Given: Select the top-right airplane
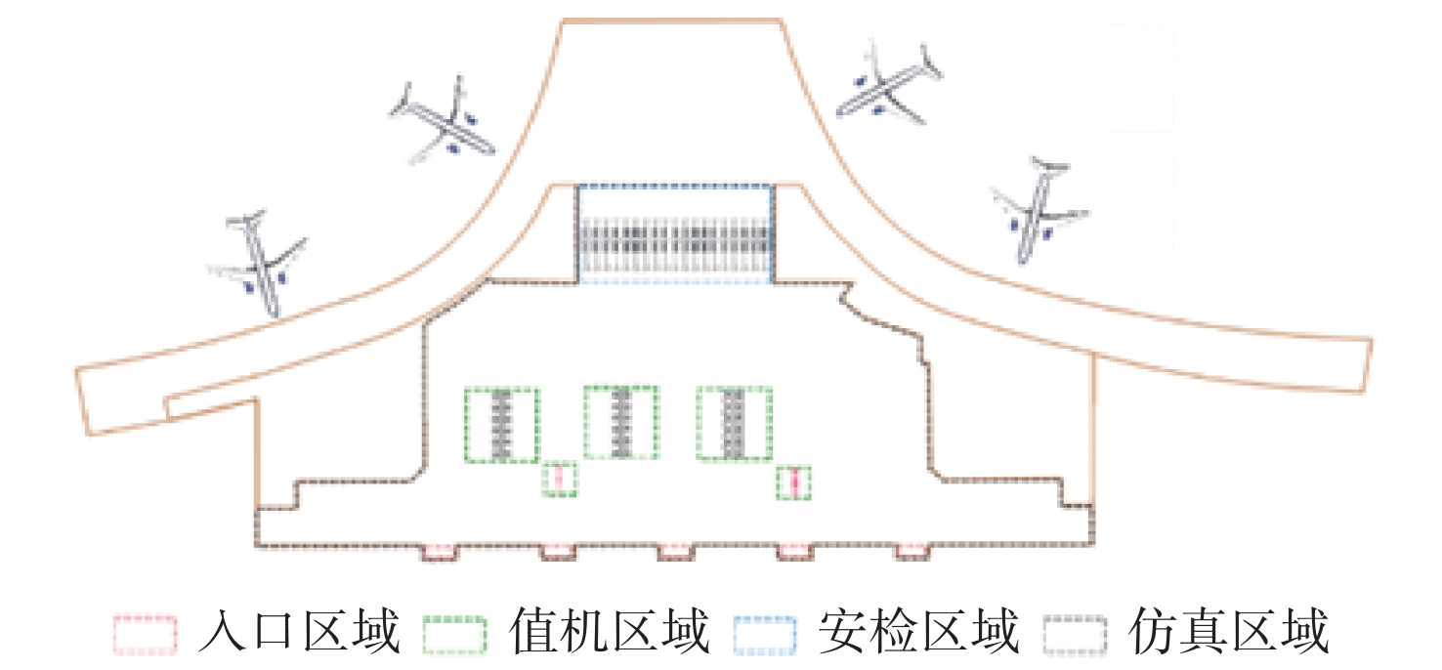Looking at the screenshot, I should point(889,83).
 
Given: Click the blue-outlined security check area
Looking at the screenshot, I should point(675,233).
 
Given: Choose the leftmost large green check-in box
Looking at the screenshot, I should point(501,424).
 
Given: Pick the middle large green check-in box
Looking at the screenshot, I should point(620,422).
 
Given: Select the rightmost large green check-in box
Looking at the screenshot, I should point(734,423).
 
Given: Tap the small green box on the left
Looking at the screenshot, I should point(560,479).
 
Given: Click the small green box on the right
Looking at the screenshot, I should point(794,482).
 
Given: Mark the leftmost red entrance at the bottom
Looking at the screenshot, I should point(440,553).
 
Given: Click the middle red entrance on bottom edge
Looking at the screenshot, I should point(675,553).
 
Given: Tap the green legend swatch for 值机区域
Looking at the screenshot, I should point(455,634).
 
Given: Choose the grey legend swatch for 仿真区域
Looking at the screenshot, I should point(1075,634).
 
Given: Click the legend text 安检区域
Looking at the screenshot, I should point(919,632).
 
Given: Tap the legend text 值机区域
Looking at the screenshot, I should point(610,632).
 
